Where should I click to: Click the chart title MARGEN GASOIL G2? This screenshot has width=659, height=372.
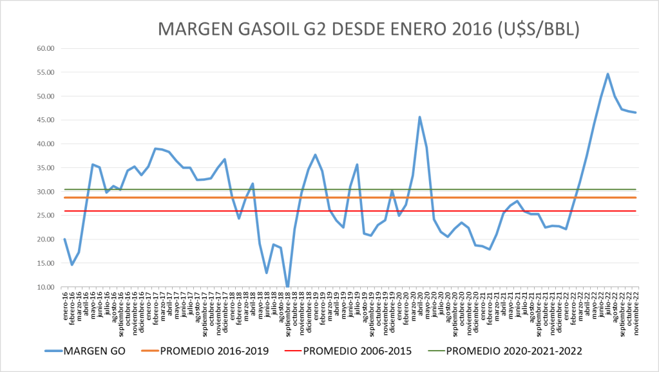click(369, 29)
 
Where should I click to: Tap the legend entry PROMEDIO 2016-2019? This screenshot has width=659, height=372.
click(212, 351)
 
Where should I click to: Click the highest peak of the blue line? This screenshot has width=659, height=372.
click(607, 74)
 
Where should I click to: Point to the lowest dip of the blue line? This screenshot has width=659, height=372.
click(287, 286)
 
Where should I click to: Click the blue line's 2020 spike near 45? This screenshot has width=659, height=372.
click(420, 117)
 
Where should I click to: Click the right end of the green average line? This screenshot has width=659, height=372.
click(636, 189)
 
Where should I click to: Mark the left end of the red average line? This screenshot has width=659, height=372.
click(65, 211)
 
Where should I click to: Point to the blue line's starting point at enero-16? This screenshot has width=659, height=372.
click(65, 239)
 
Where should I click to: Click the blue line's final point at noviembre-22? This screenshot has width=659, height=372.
click(636, 113)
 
